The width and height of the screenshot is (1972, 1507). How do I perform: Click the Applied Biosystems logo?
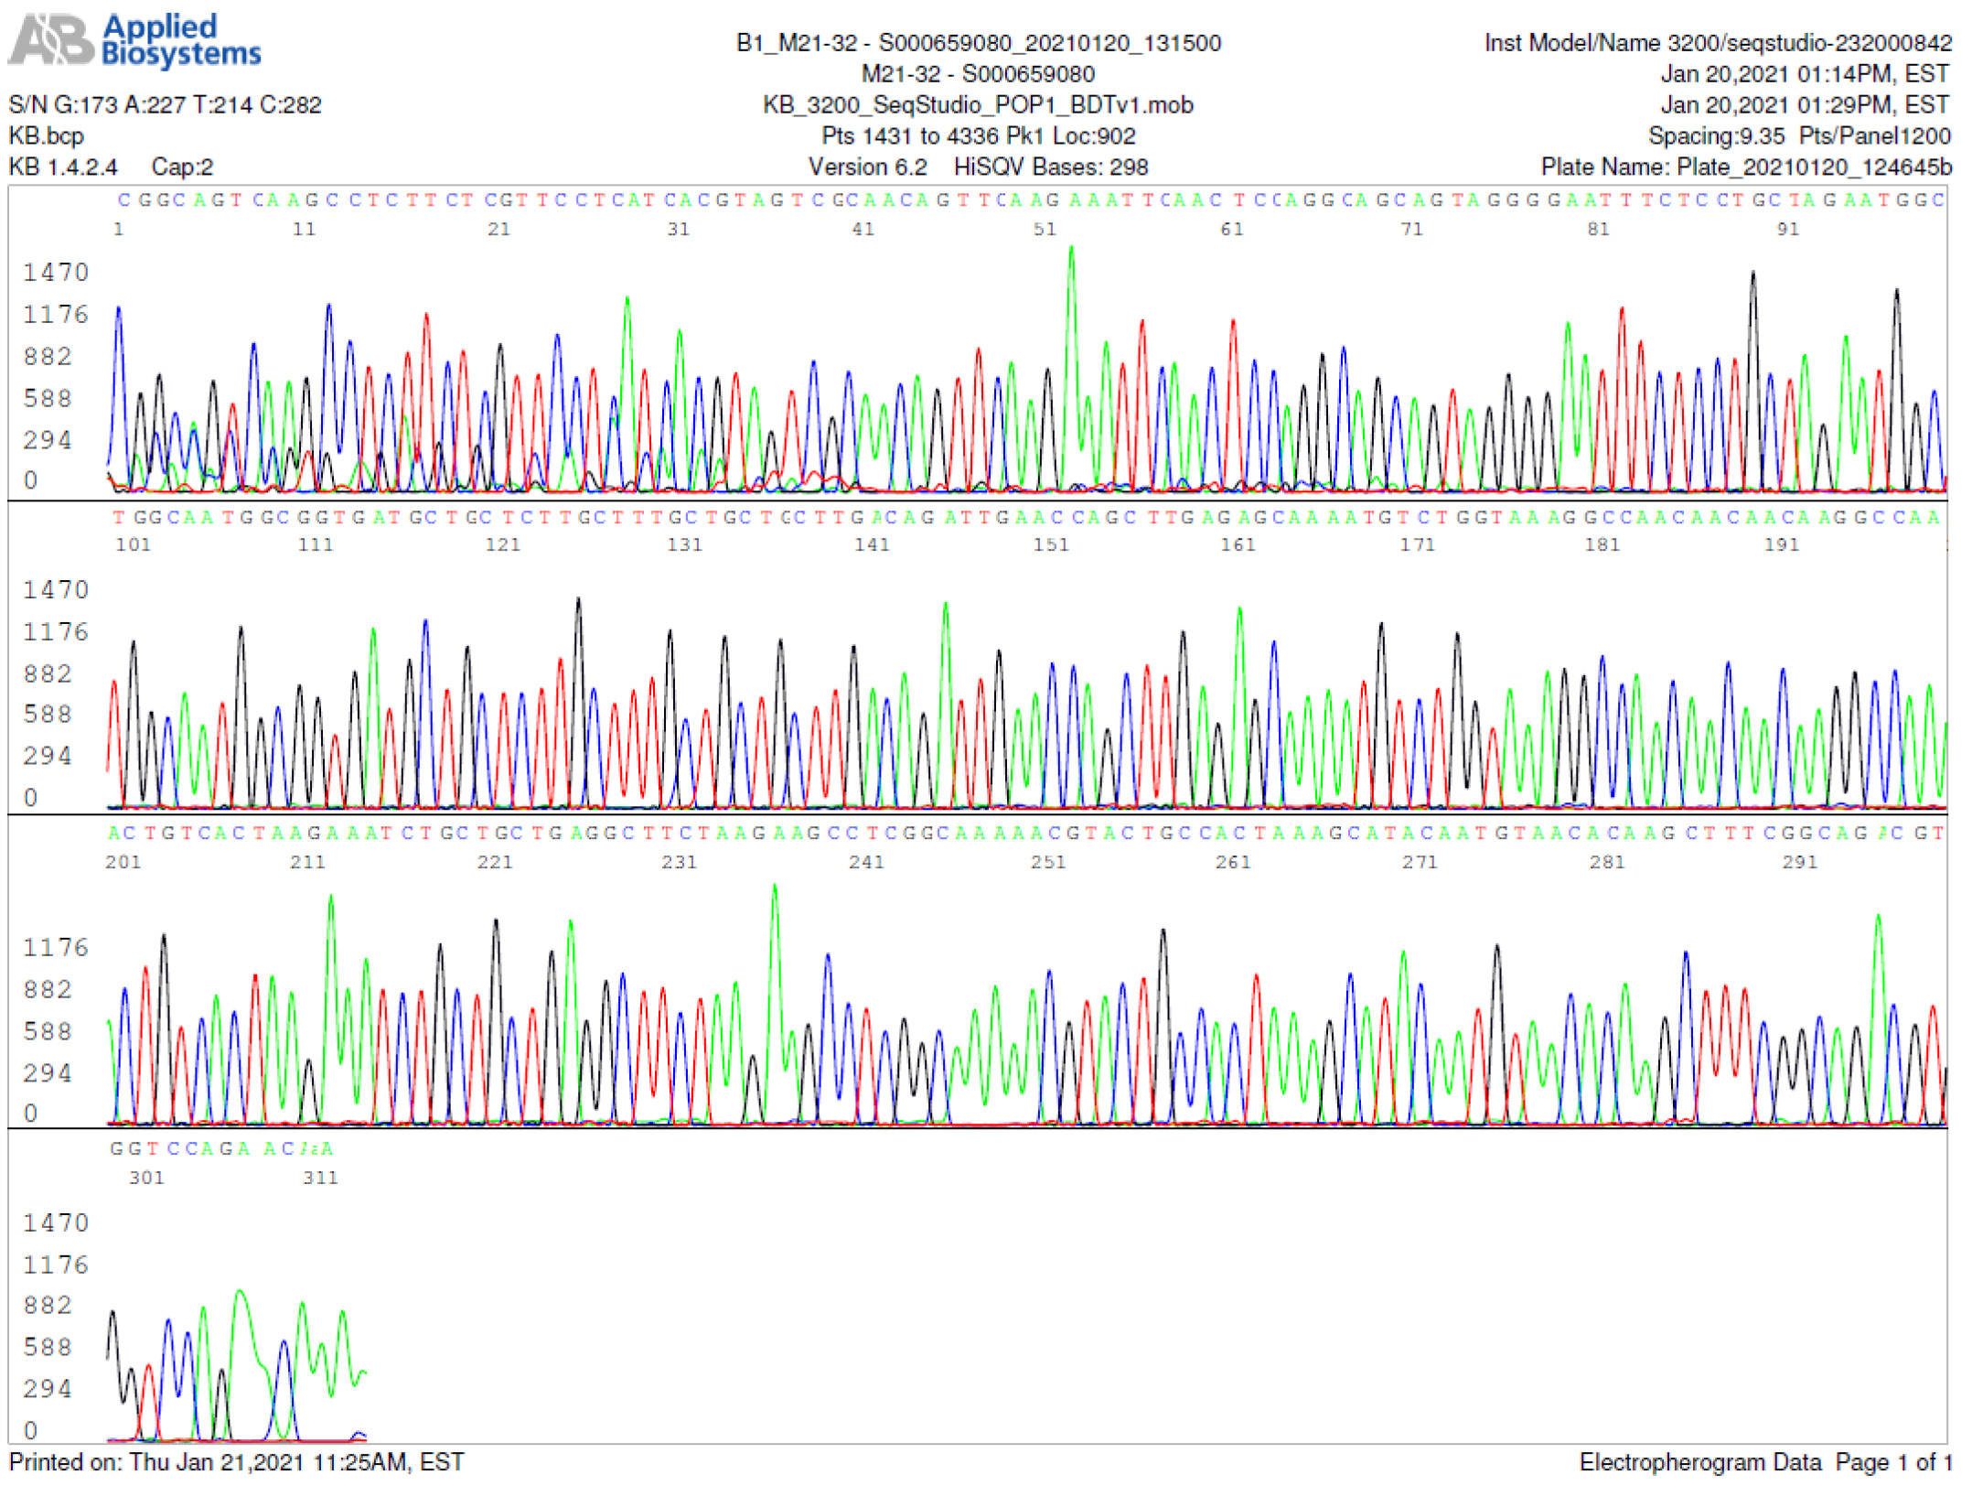click(135, 41)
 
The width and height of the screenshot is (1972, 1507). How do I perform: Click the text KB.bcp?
click(46, 136)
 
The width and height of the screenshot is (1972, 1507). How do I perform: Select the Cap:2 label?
click(182, 167)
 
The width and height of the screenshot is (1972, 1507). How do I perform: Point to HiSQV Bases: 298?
click(1050, 167)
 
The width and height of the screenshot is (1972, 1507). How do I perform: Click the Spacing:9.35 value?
click(1716, 136)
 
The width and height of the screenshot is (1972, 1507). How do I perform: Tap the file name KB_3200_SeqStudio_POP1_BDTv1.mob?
click(978, 105)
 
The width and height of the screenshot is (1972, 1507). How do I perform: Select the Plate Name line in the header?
click(1745, 167)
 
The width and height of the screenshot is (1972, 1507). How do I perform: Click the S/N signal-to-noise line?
click(165, 105)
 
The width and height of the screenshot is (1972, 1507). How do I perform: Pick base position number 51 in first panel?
click(1045, 230)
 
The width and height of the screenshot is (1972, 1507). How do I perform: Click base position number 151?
click(1051, 545)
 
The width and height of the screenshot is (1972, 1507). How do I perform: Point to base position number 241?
click(866, 862)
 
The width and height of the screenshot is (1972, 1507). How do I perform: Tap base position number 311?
click(320, 1178)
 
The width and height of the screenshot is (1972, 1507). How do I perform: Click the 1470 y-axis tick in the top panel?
click(56, 273)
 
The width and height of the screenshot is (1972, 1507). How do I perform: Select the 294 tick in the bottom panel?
click(48, 1389)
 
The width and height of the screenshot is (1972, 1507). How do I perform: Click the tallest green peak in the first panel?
click(1071, 249)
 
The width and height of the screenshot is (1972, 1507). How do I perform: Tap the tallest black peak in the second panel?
click(578, 601)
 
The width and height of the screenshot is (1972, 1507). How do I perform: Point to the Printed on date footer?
click(236, 1462)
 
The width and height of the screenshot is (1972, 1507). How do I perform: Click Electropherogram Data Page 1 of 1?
click(1763, 1462)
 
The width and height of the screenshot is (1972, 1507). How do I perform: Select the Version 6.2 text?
click(867, 167)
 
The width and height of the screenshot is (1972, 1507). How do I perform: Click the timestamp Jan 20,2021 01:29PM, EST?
click(1804, 105)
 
